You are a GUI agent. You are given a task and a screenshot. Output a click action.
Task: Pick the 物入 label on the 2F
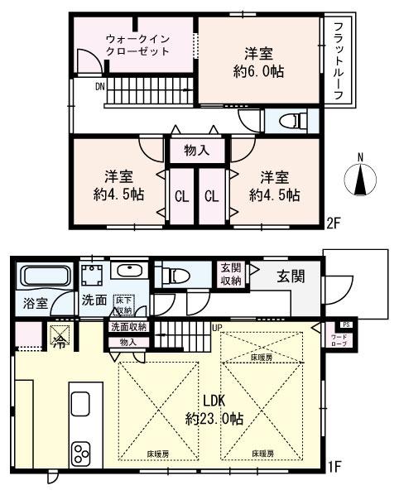(x=196, y=151)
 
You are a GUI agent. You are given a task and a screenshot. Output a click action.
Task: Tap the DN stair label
(x=100, y=85)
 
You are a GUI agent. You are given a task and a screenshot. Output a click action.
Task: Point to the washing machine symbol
(x=92, y=275)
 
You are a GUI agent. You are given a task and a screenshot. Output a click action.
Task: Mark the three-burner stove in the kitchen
(x=83, y=454)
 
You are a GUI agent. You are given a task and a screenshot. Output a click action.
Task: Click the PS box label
(x=347, y=324)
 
